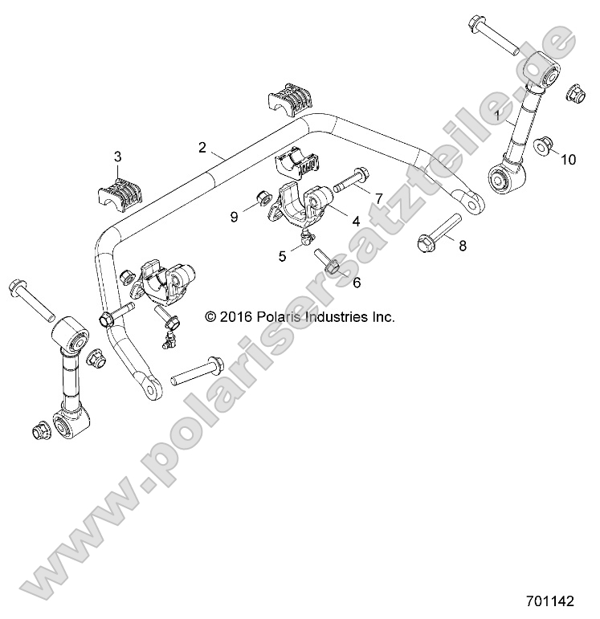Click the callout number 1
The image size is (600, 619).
coord(499,116)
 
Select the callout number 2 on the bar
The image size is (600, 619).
coord(202,147)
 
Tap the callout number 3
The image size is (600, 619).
coord(117,157)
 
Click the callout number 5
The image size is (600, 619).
coord(282,257)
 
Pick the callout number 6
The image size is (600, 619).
coord(357,283)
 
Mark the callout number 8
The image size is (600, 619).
coord(462,246)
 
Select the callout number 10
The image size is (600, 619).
coord(568,160)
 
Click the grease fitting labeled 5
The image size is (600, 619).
coord(306,237)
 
